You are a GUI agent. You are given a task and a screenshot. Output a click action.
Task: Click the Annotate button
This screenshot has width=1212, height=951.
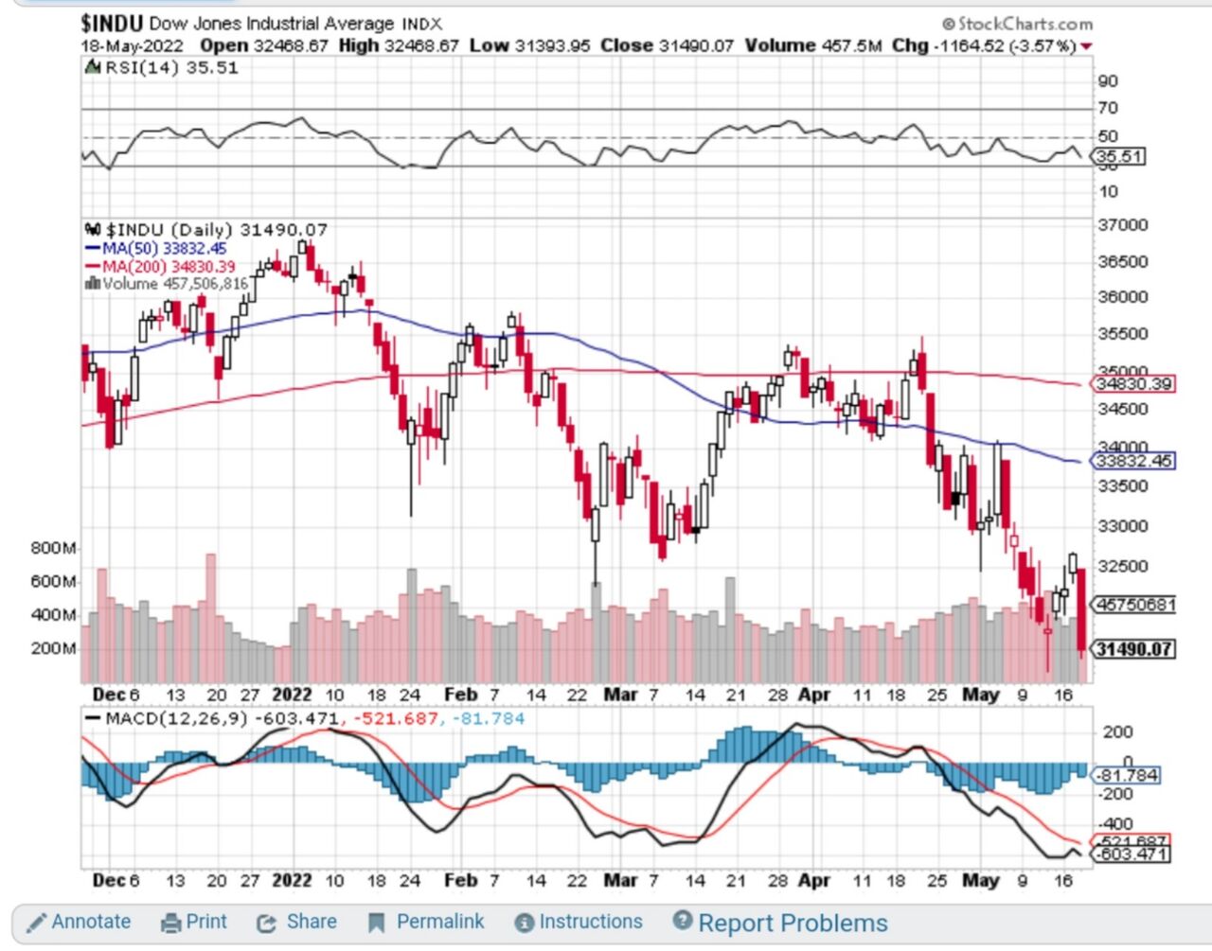point(80,922)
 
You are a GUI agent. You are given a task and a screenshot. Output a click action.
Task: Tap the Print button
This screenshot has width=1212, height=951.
point(195,922)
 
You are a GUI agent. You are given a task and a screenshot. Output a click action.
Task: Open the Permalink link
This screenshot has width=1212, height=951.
point(427,922)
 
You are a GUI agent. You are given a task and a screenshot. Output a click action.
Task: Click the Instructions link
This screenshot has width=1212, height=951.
point(579,922)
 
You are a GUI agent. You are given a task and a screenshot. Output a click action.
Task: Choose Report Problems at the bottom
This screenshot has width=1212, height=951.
point(780,923)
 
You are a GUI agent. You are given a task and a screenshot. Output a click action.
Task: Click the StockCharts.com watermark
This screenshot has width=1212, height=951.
point(1018,24)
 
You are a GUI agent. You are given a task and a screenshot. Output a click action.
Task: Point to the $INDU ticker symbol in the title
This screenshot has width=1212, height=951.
point(112,23)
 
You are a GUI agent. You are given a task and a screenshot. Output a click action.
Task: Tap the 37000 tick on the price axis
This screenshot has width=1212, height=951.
point(1122,225)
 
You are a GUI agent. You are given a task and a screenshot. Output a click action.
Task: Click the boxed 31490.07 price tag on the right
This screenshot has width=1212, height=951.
point(1132,649)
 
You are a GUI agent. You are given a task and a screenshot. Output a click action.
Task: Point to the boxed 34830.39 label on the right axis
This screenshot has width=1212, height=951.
point(1133,384)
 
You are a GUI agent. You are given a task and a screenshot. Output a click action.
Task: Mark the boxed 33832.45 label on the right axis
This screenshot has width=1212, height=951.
point(1133,461)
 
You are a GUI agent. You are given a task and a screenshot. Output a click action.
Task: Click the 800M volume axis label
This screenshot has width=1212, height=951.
point(53,548)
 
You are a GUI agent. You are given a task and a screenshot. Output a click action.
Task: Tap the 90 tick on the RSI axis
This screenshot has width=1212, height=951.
point(1108,81)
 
